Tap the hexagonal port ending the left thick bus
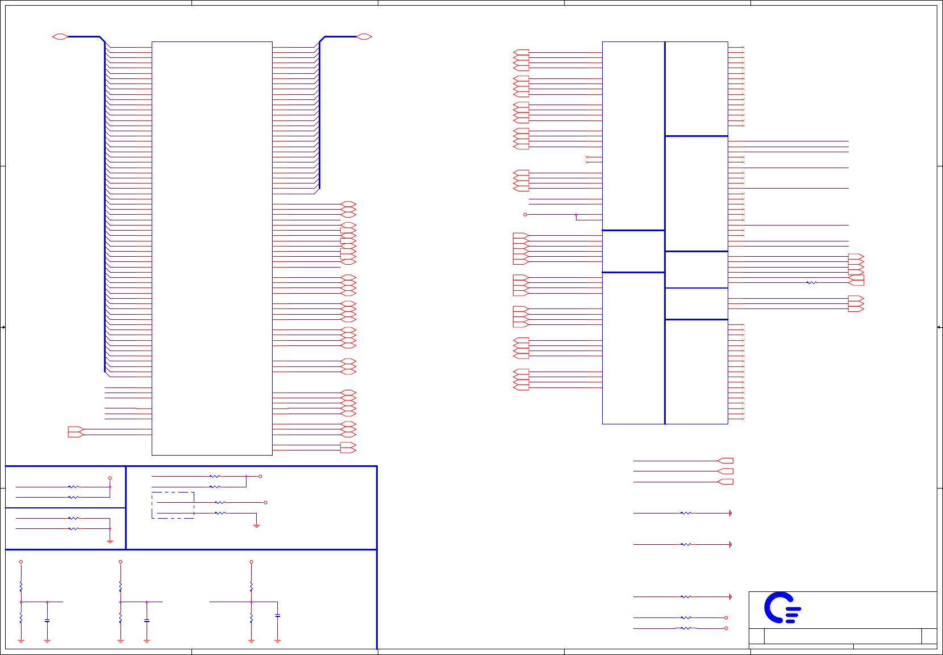coord(60,37)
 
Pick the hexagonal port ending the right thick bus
coord(364,37)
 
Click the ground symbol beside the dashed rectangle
coord(256,525)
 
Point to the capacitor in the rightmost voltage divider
coord(277,615)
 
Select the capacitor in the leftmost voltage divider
coord(47,620)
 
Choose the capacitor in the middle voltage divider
coord(147,620)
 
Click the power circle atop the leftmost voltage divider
coord(21,562)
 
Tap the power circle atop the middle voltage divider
coord(120,562)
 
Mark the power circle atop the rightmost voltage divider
coord(251,562)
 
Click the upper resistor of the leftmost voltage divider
coord(21,585)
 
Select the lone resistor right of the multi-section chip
coord(811,282)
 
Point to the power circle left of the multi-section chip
coord(525,215)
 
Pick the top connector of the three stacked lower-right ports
coord(725,461)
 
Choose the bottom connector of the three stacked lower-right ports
coord(725,482)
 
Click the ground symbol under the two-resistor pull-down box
coord(110,541)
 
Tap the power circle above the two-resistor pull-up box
coord(110,478)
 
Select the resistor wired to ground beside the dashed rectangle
coord(220,513)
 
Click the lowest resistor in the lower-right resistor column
coord(686,628)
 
